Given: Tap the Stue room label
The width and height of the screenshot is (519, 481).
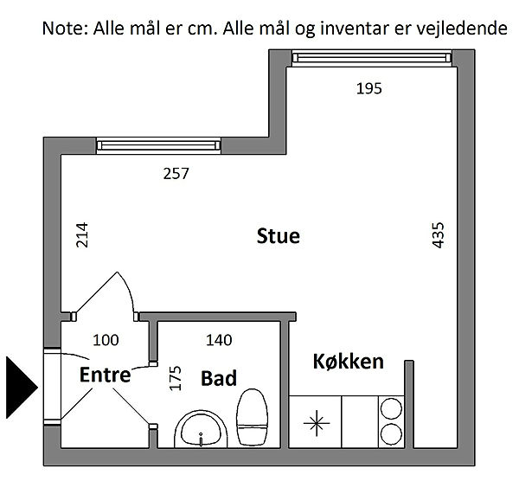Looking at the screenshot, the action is [x=279, y=236].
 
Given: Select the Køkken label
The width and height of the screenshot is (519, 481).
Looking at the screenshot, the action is [x=349, y=361].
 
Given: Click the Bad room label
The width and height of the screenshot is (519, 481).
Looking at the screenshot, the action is [x=219, y=378].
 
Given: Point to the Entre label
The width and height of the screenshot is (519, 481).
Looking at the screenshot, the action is [x=106, y=375].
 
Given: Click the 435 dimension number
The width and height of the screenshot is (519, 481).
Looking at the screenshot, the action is [x=438, y=235].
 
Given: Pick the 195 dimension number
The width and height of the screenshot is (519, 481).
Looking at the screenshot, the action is [x=369, y=89].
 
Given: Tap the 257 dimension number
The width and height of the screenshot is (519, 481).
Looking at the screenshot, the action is [x=176, y=174].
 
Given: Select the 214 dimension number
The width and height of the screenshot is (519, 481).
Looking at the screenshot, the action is [x=82, y=235].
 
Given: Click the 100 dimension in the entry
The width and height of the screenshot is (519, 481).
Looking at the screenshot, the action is [x=106, y=340].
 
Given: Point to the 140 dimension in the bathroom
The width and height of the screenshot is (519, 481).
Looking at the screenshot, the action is [x=219, y=340].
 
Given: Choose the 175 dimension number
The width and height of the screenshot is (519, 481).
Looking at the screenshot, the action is [x=176, y=378].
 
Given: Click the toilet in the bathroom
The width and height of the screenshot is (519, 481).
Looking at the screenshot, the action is [x=252, y=417].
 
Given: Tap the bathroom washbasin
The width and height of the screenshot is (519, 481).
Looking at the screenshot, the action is [x=201, y=430].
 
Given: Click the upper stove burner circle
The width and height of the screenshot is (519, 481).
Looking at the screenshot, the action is [x=391, y=409].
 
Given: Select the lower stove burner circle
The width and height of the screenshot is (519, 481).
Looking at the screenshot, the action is [x=391, y=434].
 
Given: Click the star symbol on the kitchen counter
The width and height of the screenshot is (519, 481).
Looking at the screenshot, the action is [x=317, y=423].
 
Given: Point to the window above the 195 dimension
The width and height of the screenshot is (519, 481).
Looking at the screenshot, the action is [x=372, y=58].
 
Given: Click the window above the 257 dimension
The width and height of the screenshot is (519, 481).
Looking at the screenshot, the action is [x=158, y=145].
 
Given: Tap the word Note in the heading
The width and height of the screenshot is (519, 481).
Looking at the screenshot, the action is [x=65, y=29].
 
